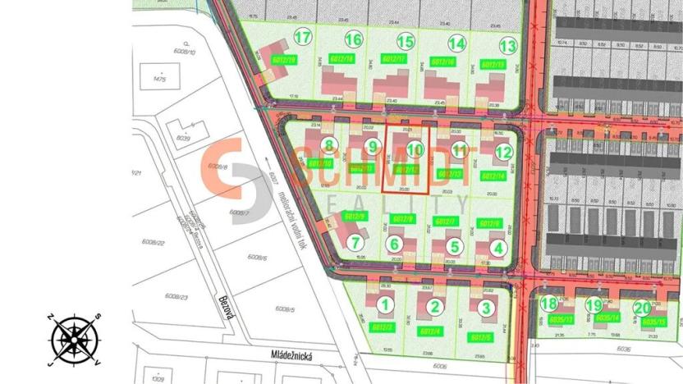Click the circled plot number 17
point(304,38)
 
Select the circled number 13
point(508,46)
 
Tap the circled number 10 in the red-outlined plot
point(415,149)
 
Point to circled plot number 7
point(355,243)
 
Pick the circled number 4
point(497,248)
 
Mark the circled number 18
point(549,304)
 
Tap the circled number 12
point(503,152)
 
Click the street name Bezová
point(226,309)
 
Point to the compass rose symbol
point(75,338)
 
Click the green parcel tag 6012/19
point(284,60)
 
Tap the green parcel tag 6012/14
point(493,176)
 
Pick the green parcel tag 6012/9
point(357,216)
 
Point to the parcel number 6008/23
point(176,296)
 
